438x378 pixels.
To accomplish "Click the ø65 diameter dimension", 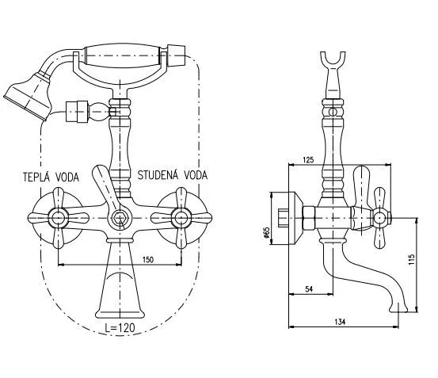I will click(267, 235).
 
